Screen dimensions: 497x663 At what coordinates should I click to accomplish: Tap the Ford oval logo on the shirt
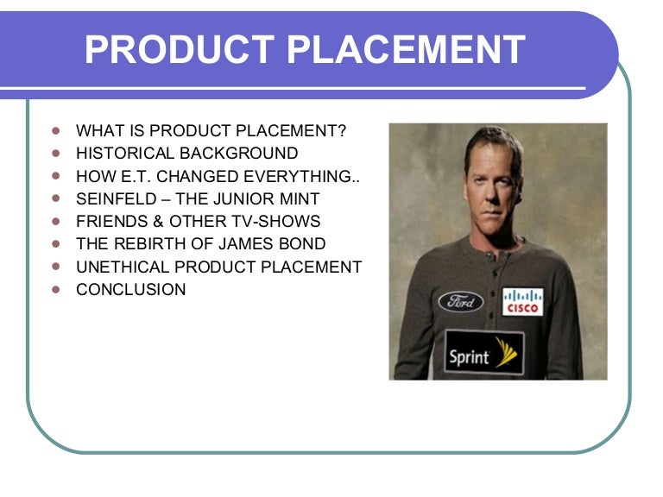click(x=460, y=302)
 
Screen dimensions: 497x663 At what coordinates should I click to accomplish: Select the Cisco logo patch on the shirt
click(x=522, y=302)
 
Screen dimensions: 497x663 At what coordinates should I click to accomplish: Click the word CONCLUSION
click(x=131, y=290)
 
